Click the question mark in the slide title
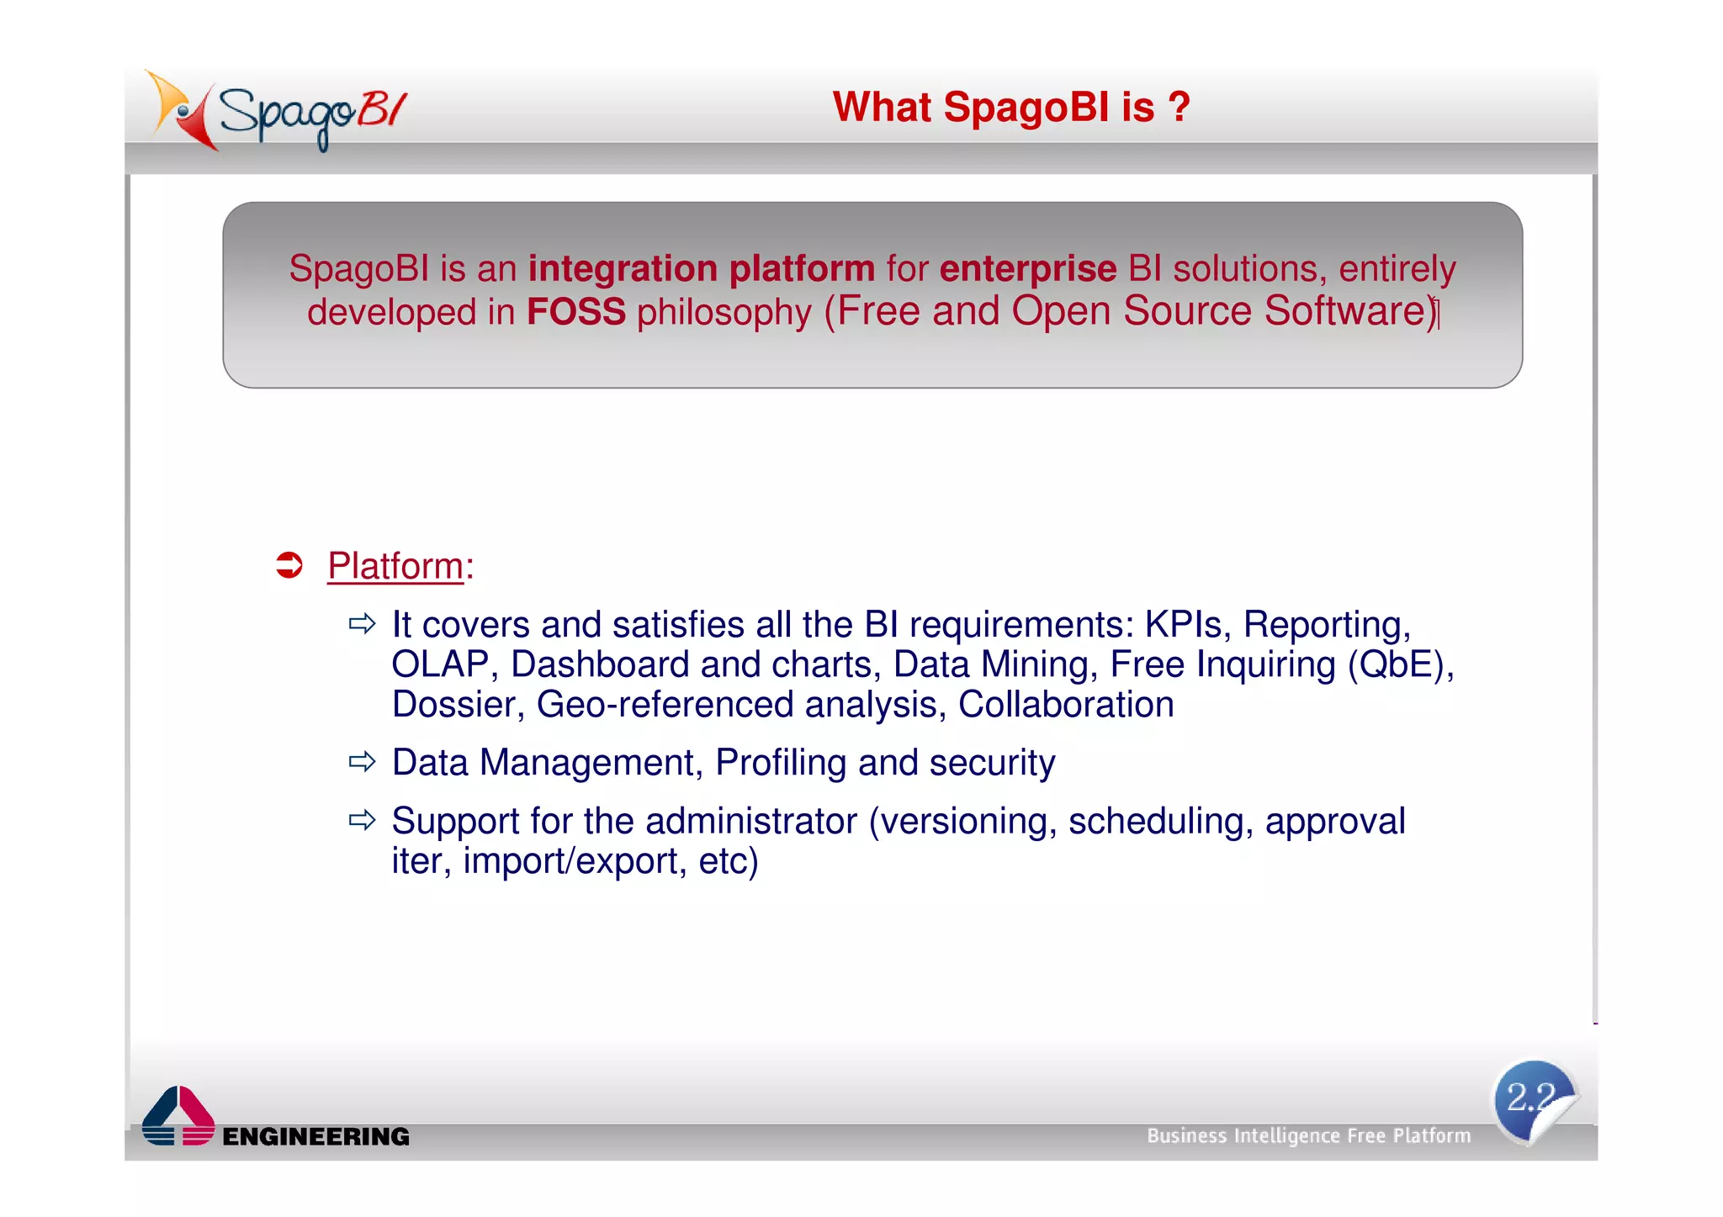click(x=1179, y=108)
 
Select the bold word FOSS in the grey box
click(x=575, y=312)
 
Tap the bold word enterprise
click(x=1027, y=269)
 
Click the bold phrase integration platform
click(x=701, y=269)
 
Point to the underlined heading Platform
click(x=395, y=566)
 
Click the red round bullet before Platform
click(x=289, y=565)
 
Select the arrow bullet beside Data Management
click(x=363, y=762)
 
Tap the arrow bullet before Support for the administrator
click(x=363, y=820)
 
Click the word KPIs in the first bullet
click(x=1182, y=625)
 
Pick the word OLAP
click(x=440, y=665)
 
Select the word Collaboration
click(x=1065, y=705)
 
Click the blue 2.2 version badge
click(x=1534, y=1100)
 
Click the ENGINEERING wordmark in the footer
click(x=315, y=1137)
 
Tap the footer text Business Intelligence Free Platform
click(x=1308, y=1136)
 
